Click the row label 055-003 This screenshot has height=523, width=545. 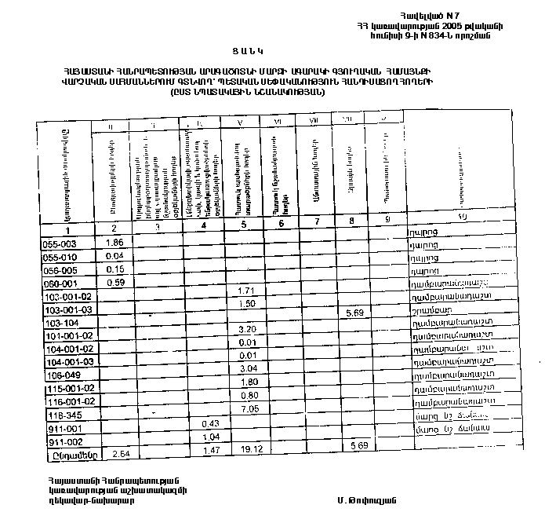coord(59,244)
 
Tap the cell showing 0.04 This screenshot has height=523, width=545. coord(114,256)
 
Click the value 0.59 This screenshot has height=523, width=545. coord(114,282)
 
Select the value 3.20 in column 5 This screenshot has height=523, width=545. coord(248,328)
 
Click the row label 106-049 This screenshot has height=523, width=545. coord(60,375)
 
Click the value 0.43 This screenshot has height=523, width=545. coord(209,424)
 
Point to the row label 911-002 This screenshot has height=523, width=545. coord(60,443)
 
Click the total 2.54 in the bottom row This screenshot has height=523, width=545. coord(121,454)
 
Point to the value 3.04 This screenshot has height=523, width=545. coord(248,368)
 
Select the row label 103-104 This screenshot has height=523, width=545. coord(60,324)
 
